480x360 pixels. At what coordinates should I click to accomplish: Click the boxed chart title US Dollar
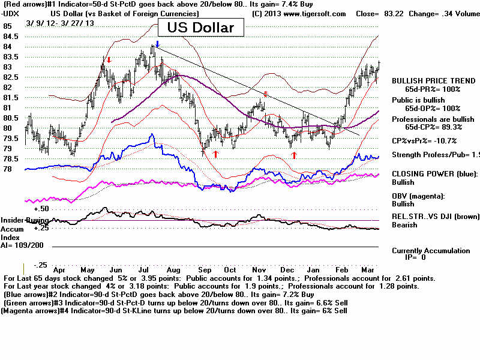pos(201,27)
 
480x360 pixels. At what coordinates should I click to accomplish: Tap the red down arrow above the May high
pos(109,59)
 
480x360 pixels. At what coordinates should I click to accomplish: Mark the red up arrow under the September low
pos(215,154)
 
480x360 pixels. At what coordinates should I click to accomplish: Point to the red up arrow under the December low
pos(294,155)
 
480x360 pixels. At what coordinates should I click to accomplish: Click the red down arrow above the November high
pos(266,94)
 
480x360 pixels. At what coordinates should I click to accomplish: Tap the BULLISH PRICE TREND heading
pos(428,80)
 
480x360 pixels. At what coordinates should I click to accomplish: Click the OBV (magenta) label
pos(418,196)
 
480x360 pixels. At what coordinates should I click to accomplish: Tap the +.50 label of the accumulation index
pos(41,209)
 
